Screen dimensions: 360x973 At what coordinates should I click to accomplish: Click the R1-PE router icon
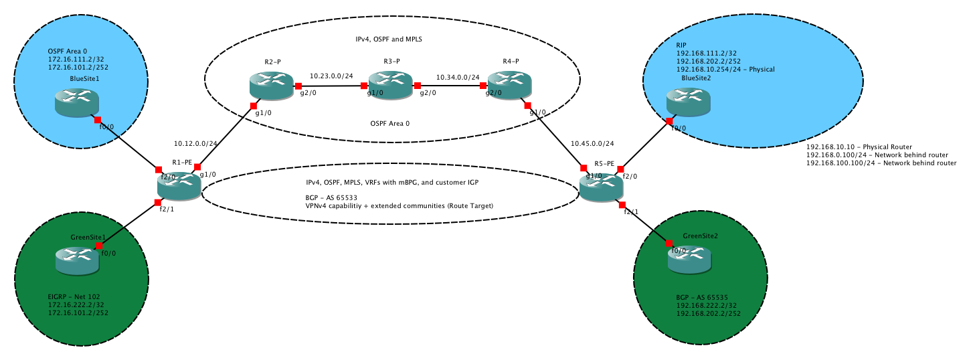coord(179,185)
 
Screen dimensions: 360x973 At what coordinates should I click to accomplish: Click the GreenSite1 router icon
coord(77,260)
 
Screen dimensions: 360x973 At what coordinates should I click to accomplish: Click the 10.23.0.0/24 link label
coord(331,76)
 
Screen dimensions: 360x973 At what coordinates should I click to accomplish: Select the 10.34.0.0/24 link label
coord(457,77)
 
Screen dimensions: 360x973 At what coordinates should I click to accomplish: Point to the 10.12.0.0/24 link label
coord(196,143)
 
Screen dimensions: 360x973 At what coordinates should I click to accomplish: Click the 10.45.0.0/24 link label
coord(592,143)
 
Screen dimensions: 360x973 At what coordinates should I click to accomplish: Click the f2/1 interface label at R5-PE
coord(632,211)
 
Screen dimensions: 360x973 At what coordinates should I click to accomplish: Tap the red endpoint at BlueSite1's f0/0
coord(98,119)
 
